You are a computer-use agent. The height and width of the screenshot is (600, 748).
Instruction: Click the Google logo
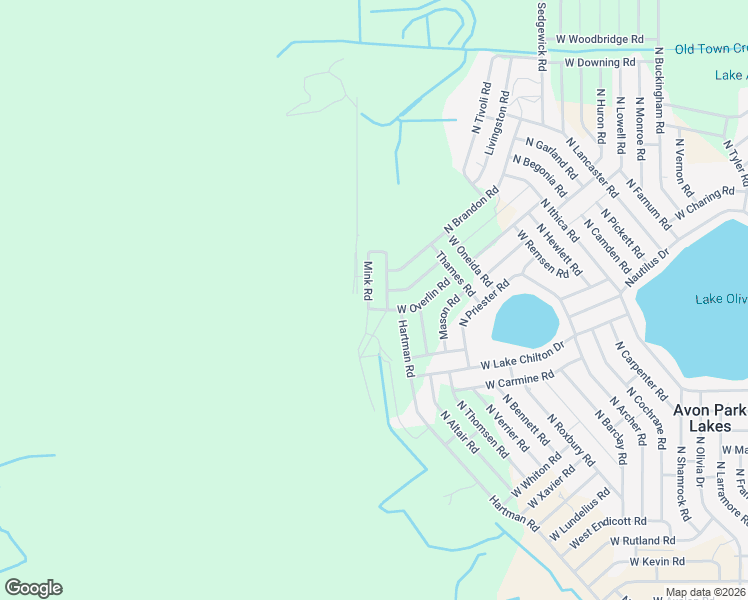(33, 588)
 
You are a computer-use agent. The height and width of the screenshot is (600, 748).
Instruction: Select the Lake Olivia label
(721, 299)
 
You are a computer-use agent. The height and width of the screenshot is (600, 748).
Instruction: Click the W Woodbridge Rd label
(600, 39)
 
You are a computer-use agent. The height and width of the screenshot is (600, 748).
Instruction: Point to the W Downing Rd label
(600, 62)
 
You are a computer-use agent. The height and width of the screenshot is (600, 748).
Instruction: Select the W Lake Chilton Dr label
(522, 357)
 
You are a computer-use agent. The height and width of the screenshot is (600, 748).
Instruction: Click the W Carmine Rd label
(519, 380)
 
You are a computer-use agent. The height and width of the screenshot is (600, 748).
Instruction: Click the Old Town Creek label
(711, 49)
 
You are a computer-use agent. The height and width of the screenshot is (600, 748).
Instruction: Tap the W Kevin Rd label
(657, 562)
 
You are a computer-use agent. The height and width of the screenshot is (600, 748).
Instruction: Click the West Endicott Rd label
(609, 521)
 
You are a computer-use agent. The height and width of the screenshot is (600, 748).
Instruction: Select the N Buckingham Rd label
(660, 90)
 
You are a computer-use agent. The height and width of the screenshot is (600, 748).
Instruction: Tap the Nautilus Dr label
(646, 264)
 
